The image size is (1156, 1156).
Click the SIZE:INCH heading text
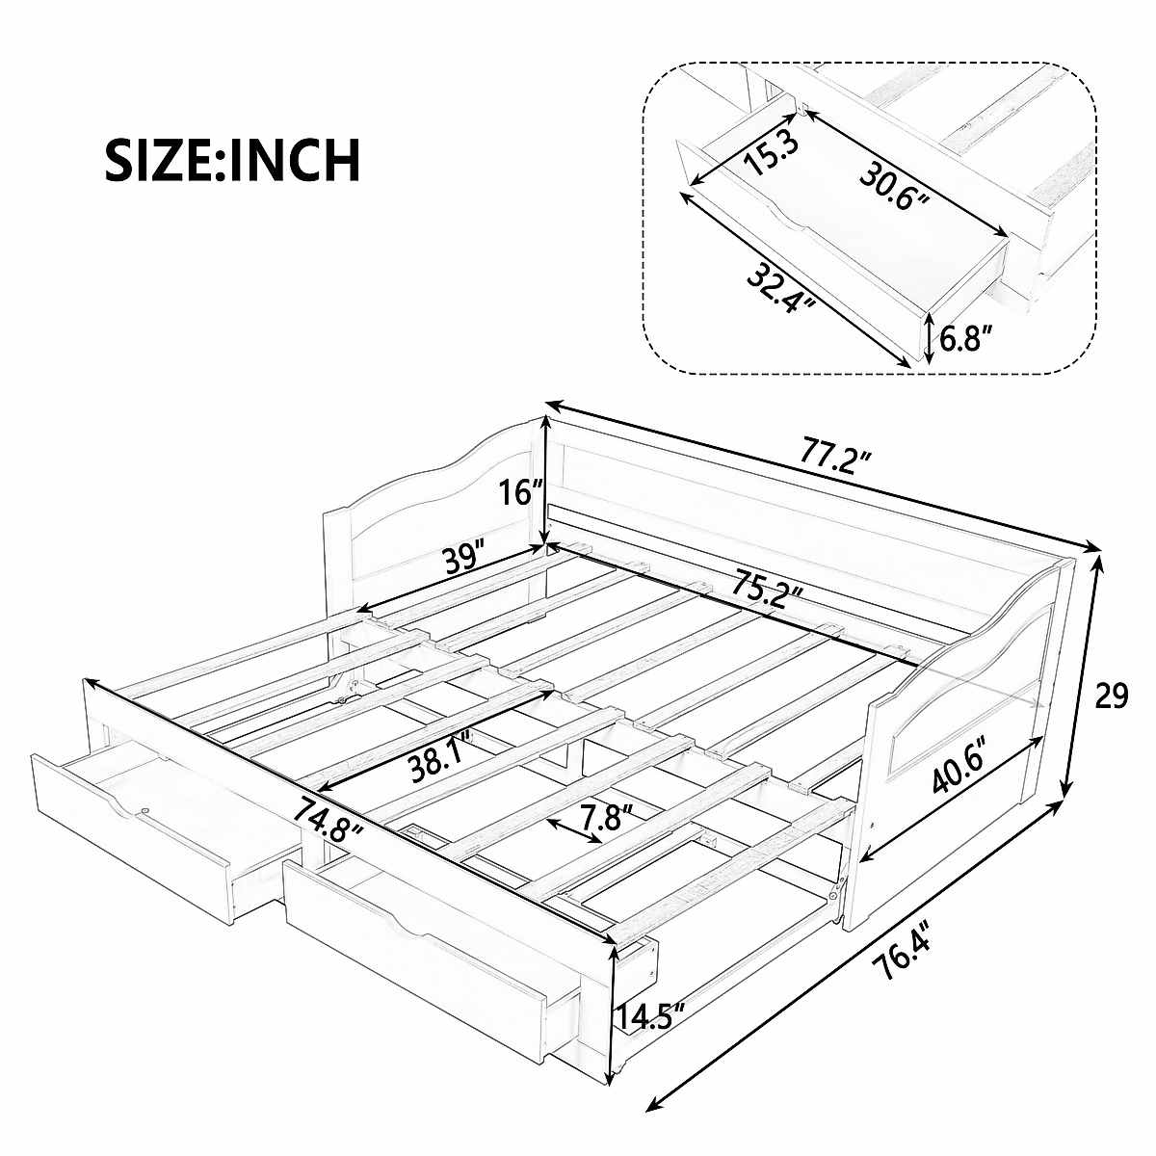coord(232,160)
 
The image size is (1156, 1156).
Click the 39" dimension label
coord(460,560)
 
